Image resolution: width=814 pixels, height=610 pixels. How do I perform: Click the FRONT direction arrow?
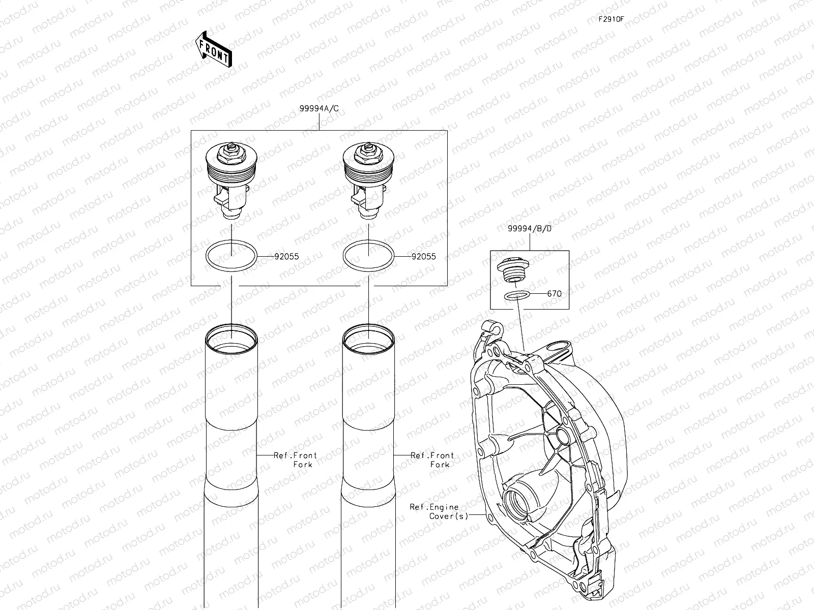(214, 49)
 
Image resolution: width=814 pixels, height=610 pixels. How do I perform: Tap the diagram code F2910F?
(611, 19)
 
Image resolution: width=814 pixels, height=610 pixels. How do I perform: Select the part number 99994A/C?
(319, 108)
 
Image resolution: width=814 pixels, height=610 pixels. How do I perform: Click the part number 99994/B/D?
(530, 229)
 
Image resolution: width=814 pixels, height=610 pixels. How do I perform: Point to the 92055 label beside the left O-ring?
(286, 257)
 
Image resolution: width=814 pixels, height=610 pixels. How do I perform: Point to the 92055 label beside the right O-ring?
(423, 257)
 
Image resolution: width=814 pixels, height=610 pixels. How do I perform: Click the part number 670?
(555, 294)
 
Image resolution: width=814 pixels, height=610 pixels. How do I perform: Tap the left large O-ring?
(207, 256)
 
